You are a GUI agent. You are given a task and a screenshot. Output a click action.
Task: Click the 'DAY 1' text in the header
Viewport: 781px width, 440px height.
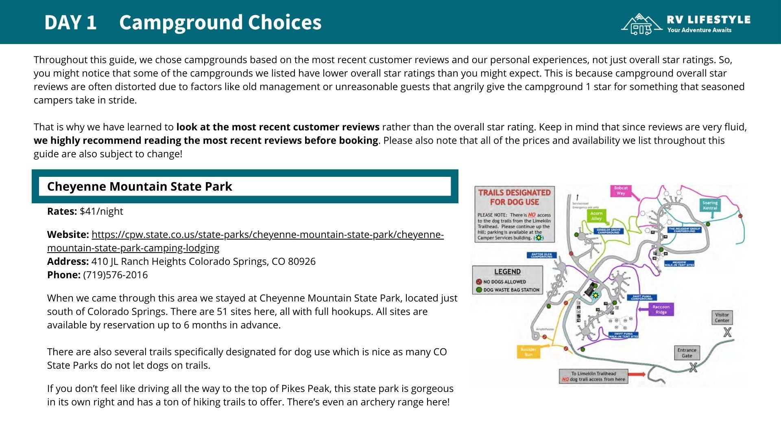pyautogui.click(x=70, y=22)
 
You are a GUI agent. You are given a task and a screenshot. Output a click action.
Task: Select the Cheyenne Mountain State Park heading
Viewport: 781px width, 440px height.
pyautogui.click(x=140, y=187)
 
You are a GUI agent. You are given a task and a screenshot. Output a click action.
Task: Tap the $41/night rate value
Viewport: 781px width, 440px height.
pyautogui.click(x=101, y=211)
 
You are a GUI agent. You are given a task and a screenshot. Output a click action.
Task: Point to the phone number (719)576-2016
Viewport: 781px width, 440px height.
pyautogui.click(x=115, y=275)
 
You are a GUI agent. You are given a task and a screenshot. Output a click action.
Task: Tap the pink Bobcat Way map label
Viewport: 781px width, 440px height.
pyautogui.click(x=621, y=191)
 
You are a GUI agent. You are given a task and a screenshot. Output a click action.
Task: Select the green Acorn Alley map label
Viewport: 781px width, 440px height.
pyautogui.click(x=596, y=216)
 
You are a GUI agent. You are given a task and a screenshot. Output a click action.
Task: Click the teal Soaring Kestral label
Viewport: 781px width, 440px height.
pyautogui.click(x=710, y=205)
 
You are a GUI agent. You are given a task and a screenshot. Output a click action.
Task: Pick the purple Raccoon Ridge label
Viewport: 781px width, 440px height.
pyautogui.click(x=661, y=310)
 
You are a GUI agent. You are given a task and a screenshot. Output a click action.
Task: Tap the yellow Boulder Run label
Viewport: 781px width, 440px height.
pyautogui.click(x=528, y=352)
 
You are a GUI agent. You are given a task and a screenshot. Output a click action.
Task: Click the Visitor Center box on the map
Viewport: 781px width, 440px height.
pyautogui.click(x=722, y=317)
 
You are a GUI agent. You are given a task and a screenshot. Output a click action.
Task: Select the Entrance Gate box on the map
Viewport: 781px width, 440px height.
pyautogui.click(x=687, y=353)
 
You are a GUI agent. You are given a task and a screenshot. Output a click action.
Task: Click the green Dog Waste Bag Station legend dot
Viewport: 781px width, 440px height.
pyautogui.click(x=479, y=290)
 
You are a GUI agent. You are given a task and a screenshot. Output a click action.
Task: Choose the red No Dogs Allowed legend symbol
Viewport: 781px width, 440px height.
pyautogui.click(x=479, y=282)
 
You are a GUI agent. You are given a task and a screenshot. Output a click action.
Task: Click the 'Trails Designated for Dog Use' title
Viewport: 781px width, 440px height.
pyautogui.click(x=514, y=197)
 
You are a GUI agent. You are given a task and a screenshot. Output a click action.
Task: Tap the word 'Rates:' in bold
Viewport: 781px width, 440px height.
pyautogui.click(x=62, y=211)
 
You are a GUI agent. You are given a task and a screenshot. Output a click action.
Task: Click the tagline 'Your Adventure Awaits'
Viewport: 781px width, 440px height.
pyautogui.click(x=699, y=30)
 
